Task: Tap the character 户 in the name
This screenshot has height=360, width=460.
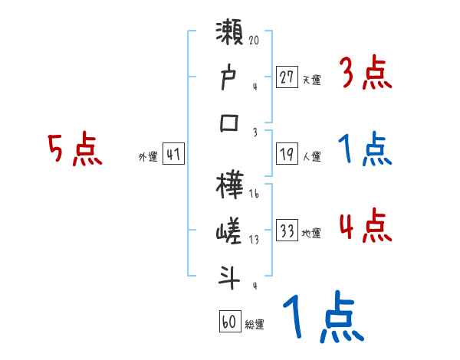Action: tap(231, 79)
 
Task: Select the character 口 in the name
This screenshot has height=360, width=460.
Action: tap(231, 123)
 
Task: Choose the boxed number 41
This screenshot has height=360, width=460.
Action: tap(173, 155)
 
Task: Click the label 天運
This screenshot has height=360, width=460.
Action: tap(312, 79)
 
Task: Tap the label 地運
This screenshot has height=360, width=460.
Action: tap(312, 234)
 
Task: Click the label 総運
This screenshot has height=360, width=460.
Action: tap(255, 324)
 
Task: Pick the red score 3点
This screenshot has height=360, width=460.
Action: tap(365, 75)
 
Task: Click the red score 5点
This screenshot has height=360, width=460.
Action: tap(74, 149)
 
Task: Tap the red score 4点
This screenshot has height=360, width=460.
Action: tap(365, 227)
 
